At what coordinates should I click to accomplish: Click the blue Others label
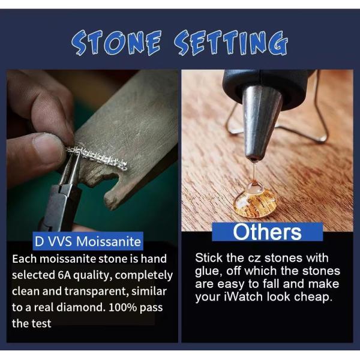(x=267, y=232)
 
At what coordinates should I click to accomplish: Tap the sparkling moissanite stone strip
(x=96, y=157)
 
